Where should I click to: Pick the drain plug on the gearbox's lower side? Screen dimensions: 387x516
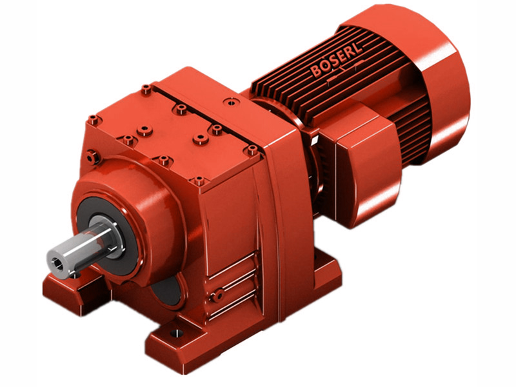[x=219, y=294]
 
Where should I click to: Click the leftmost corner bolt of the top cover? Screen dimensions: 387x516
[x=94, y=119]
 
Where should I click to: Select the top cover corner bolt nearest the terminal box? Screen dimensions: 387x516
[x=251, y=150]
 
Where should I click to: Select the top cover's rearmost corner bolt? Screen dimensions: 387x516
[x=146, y=90]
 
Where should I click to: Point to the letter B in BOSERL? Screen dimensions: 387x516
[x=315, y=71]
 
